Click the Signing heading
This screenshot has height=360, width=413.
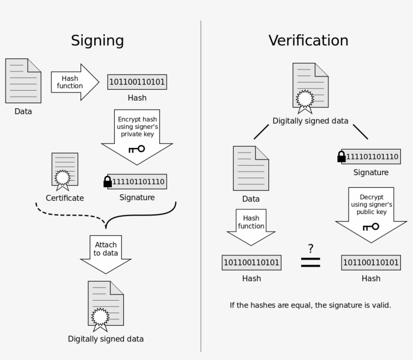click(x=97, y=40)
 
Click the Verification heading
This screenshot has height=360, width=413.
click(x=308, y=40)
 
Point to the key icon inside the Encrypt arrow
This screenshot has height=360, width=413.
click(x=136, y=149)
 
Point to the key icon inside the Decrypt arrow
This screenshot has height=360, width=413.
click(x=370, y=227)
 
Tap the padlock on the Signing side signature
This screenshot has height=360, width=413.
click(x=107, y=181)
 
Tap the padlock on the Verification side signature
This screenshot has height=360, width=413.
click(x=341, y=157)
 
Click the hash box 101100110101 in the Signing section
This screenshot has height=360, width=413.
click(x=137, y=82)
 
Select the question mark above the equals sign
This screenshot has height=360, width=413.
click(x=311, y=248)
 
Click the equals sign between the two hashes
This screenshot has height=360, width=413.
click(x=310, y=262)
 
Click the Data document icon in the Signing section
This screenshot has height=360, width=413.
click(x=23, y=81)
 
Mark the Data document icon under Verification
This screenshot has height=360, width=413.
click(x=251, y=168)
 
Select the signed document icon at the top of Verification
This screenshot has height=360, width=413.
click(x=310, y=87)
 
